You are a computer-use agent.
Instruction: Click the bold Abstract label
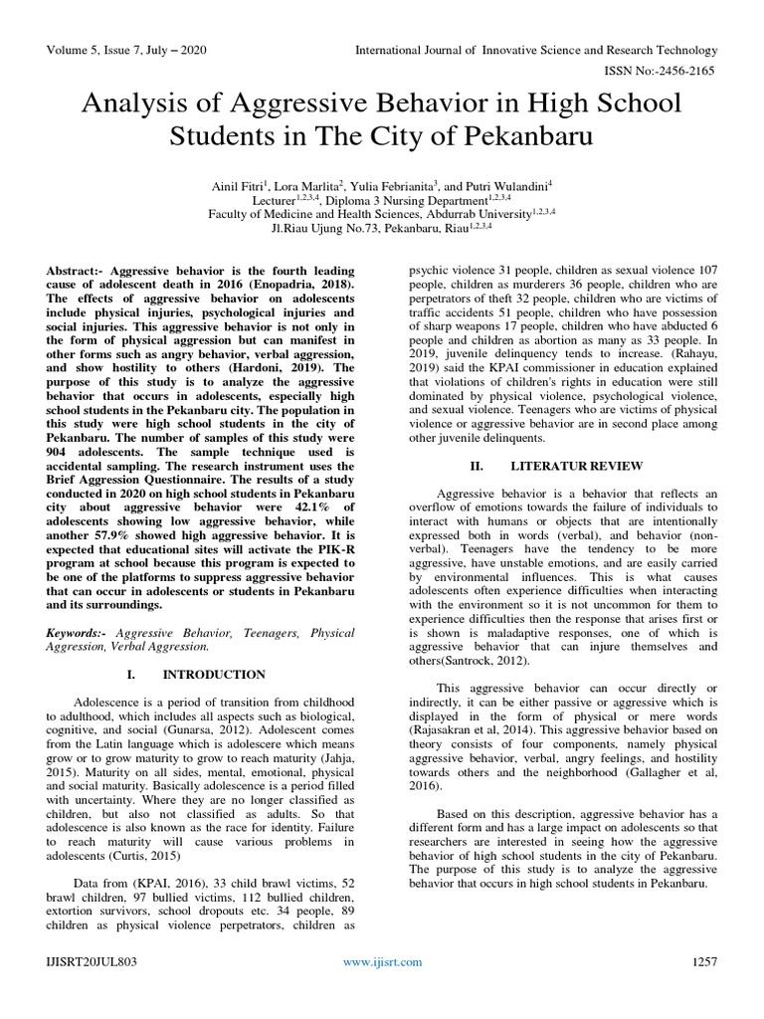point(78,271)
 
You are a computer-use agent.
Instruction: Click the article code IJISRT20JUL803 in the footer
point(95,989)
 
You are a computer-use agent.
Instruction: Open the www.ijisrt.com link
point(382,989)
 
